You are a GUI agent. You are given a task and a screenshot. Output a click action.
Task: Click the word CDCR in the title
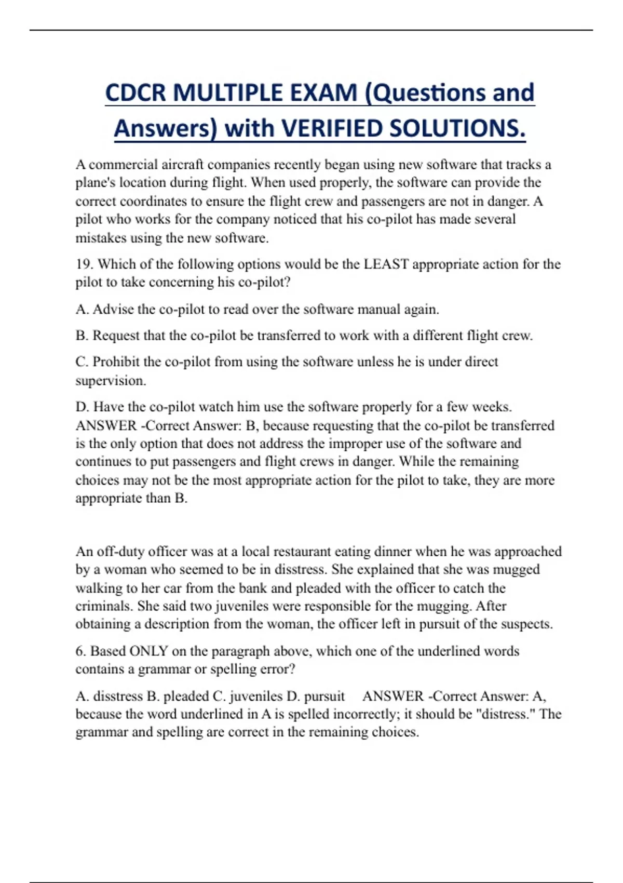(x=136, y=93)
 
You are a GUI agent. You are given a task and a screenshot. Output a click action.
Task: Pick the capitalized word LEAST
(x=386, y=264)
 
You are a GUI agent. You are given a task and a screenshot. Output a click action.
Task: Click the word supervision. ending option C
(x=111, y=381)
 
